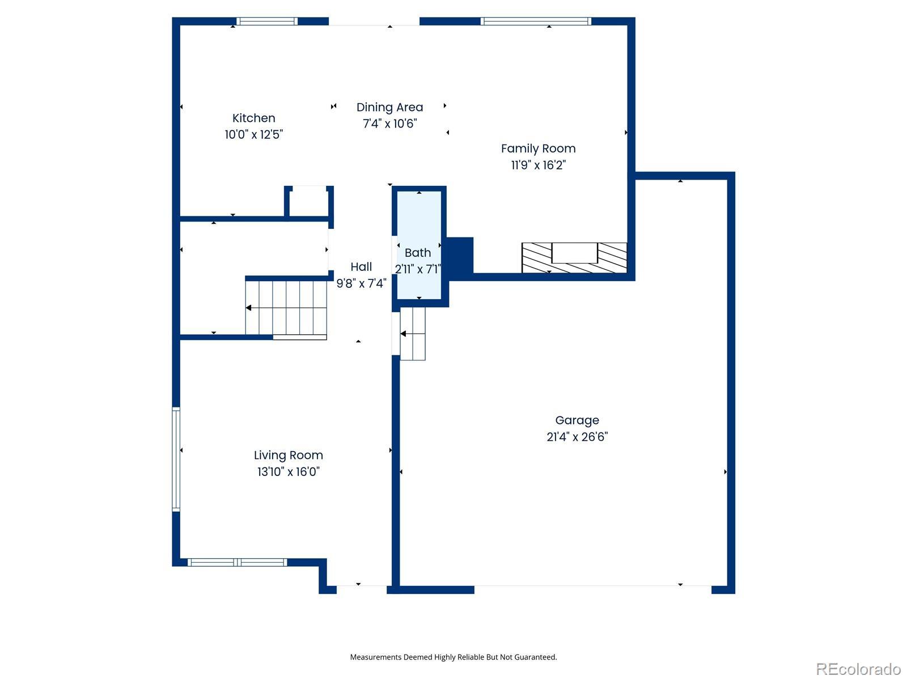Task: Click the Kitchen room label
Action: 253,118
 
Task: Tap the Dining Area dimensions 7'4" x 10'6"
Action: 389,124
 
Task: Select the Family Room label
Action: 538,148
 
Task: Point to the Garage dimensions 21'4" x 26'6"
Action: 577,437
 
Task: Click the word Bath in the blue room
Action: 417,253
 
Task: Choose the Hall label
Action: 361,267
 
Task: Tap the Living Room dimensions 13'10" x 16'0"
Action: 288,471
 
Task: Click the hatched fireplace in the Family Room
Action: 574,258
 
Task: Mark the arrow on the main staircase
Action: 286,308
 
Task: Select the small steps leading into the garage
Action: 412,334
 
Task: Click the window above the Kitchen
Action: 266,21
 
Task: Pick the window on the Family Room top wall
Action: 536,21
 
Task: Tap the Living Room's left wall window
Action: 176,460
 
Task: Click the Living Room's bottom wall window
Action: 237,562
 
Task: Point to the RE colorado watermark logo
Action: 858,669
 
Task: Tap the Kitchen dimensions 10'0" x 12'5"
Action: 253,135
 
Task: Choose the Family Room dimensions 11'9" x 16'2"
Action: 538,165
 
